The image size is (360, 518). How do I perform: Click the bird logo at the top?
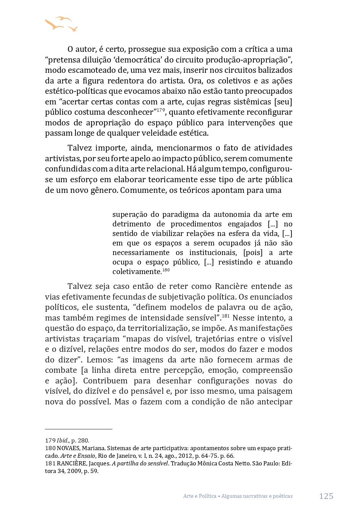(61, 24)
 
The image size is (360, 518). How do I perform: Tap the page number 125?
(326, 496)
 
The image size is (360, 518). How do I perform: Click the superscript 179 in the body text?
(160, 110)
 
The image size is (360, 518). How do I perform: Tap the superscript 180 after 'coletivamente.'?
(166, 270)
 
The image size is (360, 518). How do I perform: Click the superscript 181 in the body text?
(226, 316)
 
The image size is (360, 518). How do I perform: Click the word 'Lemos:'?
(99, 360)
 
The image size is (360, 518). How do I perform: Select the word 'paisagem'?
(274, 391)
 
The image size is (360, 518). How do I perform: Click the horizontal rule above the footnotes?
(78, 429)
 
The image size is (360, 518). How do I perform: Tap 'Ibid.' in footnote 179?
(63, 441)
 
